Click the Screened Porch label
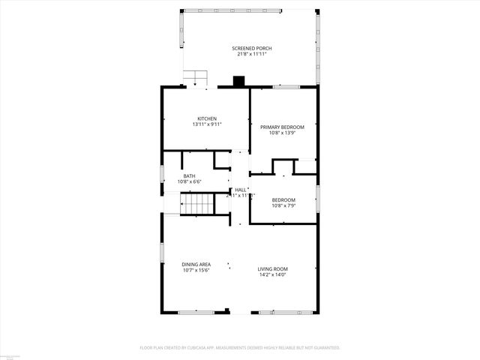click(252, 49)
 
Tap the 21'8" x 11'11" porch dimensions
click(252, 54)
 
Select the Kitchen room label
click(207, 118)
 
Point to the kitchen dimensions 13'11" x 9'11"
click(207, 124)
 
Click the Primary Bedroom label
click(283, 127)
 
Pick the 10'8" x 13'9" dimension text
click(283, 133)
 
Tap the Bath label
click(189, 176)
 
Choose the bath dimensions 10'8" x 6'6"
click(189, 181)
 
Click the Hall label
click(241, 190)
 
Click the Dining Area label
click(196, 264)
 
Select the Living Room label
click(273, 269)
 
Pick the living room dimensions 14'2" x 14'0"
click(273, 274)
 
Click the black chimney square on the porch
click(239, 81)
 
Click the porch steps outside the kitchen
click(196, 77)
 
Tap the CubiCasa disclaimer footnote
click(240, 348)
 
